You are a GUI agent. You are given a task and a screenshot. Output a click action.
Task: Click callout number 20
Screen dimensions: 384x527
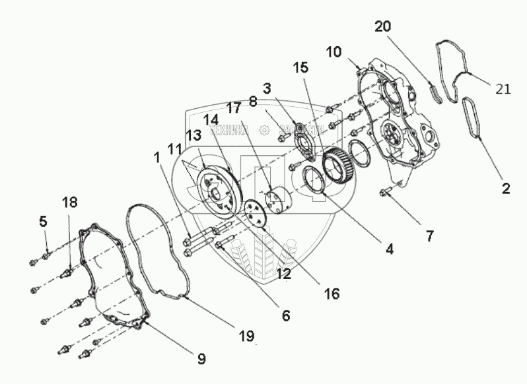point(382,27)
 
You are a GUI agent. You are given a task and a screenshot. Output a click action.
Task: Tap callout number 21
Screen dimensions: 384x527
point(503,89)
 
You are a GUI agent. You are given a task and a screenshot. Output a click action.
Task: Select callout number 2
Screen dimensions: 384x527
point(505,189)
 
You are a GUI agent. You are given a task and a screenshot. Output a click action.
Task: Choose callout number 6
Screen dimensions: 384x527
point(285,315)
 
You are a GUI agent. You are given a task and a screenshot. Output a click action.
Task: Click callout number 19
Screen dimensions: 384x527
point(246,336)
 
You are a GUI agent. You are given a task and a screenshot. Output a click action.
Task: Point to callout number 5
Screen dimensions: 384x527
point(43,222)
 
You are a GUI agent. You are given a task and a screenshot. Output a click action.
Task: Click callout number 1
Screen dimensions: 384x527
point(157,158)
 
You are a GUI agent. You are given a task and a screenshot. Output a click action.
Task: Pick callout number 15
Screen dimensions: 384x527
point(300,67)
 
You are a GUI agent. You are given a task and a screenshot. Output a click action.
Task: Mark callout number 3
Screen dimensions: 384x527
point(267,88)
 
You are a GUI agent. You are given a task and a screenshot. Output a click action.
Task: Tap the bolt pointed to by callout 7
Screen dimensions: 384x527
point(386,192)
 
